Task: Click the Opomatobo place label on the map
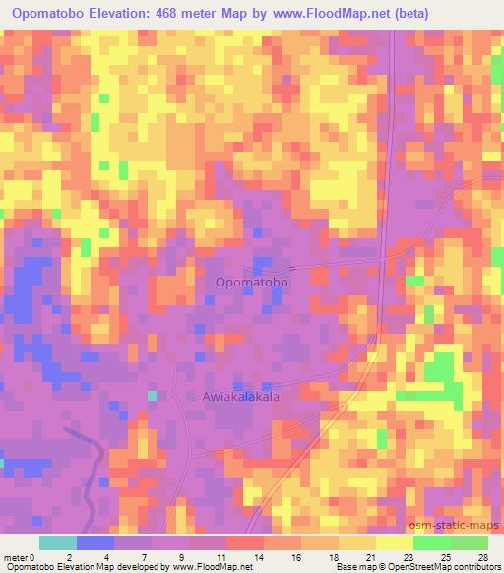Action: click(x=252, y=283)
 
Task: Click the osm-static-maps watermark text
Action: click(x=461, y=526)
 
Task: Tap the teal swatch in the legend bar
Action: click(x=58, y=542)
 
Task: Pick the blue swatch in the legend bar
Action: click(x=95, y=542)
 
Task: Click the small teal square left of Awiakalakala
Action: click(x=153, y=395)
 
